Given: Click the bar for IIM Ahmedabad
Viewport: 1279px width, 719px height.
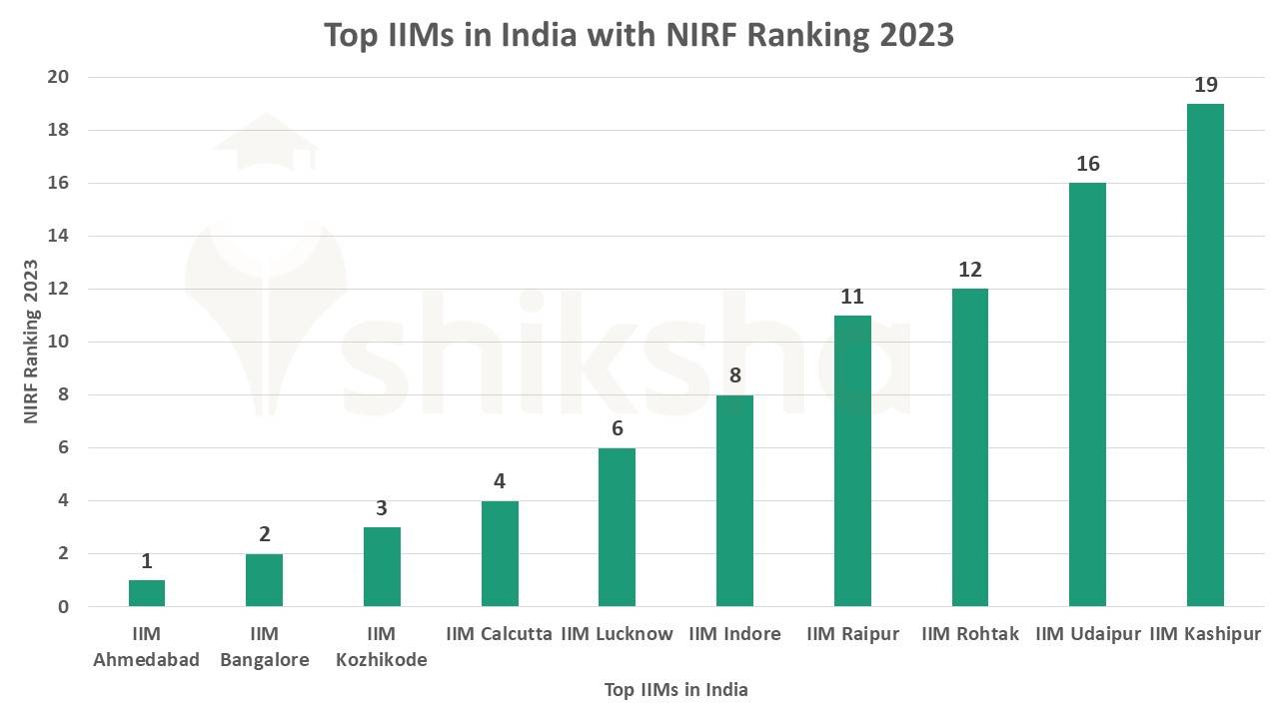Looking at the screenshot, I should (147, 593).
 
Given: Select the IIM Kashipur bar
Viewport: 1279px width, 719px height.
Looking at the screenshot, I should (1205, 356).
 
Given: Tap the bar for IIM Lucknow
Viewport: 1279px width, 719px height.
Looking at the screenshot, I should (617, 527).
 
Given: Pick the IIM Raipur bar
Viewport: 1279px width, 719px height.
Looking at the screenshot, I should (852, 461).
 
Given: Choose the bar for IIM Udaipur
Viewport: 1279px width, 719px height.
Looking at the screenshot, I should (1087, 394).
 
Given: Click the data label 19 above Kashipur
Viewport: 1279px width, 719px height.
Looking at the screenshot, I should (1205, 85).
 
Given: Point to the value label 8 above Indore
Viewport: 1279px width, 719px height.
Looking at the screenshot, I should (734, 376).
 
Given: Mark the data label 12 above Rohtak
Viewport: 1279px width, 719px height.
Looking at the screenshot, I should (969, 270).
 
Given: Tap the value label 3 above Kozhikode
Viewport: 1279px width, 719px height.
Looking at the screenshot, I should (382, 508).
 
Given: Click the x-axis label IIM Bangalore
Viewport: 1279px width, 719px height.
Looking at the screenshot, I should (264, 646).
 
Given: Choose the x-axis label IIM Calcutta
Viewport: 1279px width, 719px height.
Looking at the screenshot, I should (499, 634).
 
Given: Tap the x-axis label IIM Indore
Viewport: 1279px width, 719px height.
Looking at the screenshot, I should (734, 634).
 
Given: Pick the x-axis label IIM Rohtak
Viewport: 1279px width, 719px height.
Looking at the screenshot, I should (969, 634).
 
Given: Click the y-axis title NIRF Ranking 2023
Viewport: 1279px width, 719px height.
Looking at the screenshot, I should (31, 342).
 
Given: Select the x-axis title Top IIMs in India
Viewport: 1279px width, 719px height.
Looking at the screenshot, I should (675, 690).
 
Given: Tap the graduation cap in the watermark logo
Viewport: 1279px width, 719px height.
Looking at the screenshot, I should (264, 145).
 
